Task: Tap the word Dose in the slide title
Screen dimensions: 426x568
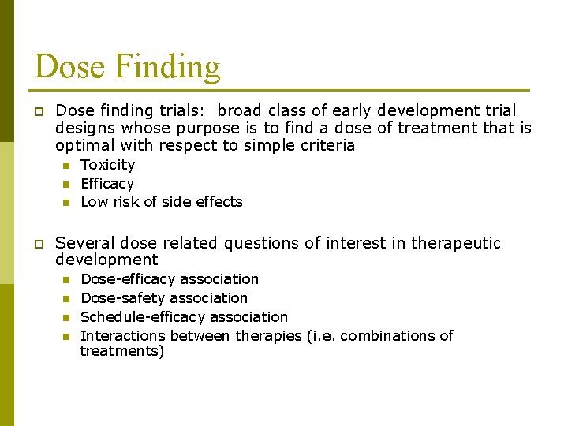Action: [69, 66]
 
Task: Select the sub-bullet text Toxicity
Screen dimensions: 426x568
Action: [108, 165]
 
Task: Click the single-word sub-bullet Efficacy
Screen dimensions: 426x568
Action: [107, 184]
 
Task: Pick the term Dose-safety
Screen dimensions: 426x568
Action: [114, 298]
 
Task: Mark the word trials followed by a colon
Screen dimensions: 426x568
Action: [186, 111]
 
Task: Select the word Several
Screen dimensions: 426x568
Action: [84, 244]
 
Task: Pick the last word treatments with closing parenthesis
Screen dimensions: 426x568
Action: [122, 351]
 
